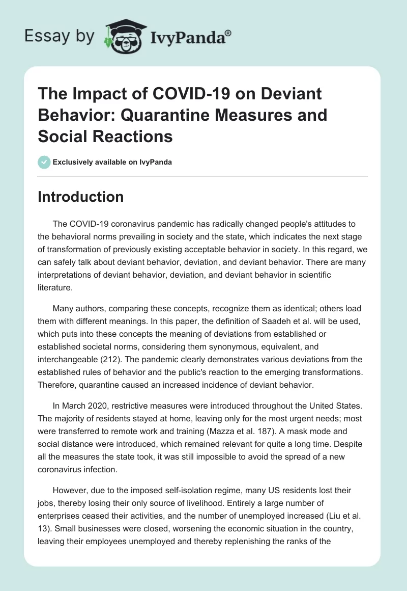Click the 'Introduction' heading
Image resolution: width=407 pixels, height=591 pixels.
[x=80, y=197]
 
